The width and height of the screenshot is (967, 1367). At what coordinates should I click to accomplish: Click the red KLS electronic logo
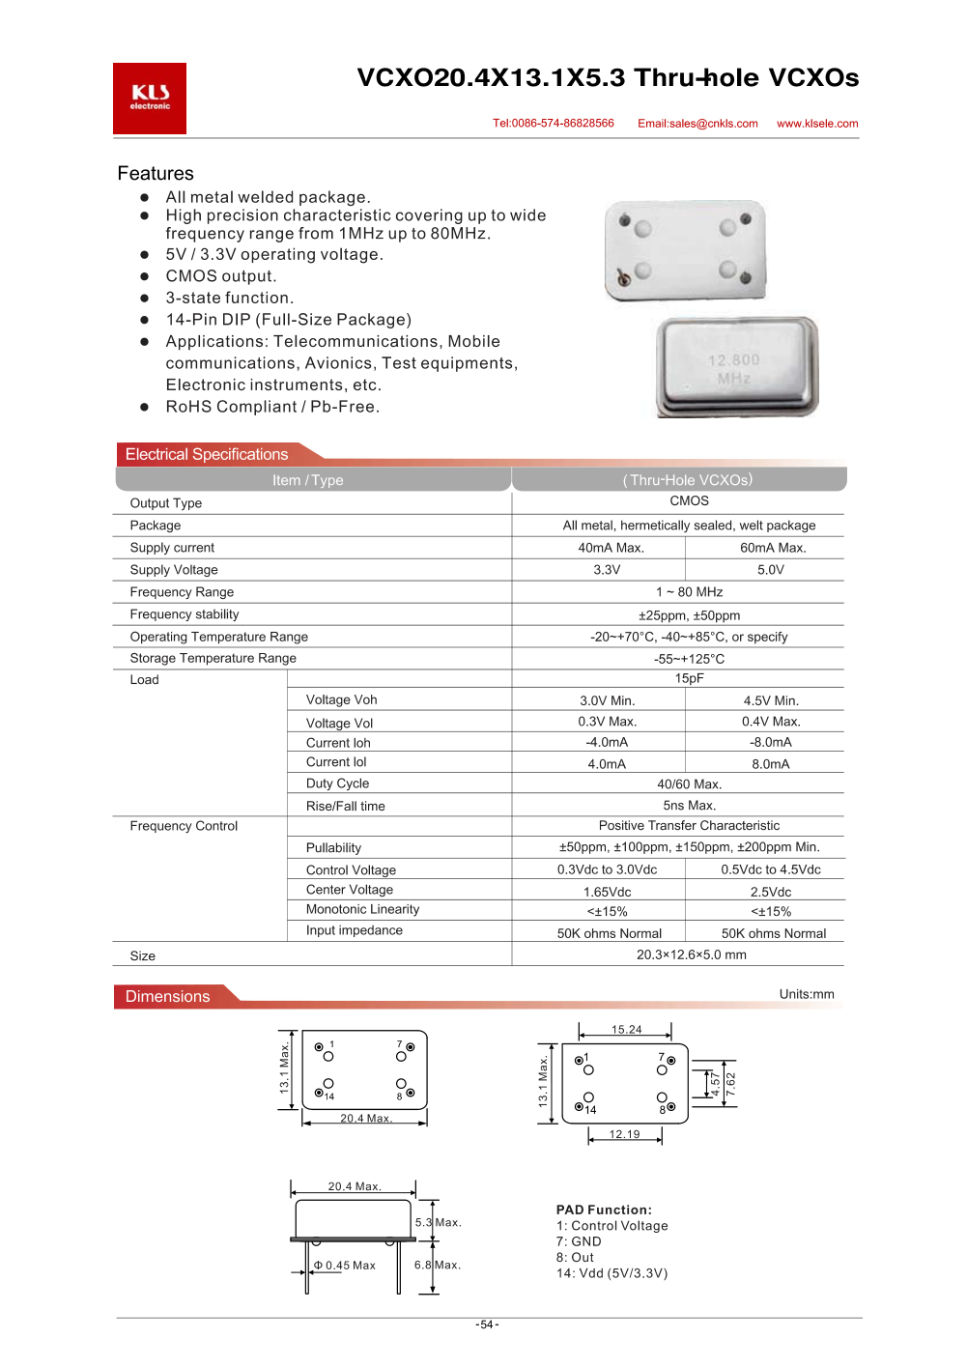150,98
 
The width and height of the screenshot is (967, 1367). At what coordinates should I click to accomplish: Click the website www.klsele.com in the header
817,124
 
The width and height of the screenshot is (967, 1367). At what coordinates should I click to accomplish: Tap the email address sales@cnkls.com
697,124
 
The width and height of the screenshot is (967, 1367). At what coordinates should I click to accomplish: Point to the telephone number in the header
554,124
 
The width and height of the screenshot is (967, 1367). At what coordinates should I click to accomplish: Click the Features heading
156,174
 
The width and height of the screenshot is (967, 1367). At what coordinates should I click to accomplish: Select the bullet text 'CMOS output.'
221,276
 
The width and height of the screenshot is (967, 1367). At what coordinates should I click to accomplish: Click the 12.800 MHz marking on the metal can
734,368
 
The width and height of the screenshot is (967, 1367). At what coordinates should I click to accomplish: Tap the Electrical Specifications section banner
207,454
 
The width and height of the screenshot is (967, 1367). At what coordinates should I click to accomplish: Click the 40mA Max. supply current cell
611,548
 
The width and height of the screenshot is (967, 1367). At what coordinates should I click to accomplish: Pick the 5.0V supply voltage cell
771,570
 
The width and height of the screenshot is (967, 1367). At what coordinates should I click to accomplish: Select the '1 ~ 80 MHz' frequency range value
689,592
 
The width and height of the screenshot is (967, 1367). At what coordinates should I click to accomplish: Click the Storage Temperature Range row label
213,658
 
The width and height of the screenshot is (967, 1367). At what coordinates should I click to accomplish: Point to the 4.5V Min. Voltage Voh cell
771,700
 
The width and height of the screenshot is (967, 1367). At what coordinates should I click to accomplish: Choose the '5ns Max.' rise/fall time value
689,806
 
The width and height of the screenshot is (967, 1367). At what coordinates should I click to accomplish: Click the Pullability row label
333,847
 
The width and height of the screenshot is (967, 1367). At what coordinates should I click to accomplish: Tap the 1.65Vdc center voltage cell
607,892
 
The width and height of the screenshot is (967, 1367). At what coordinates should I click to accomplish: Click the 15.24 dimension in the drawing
626,1030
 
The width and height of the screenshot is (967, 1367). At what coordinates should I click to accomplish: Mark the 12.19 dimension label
624,1134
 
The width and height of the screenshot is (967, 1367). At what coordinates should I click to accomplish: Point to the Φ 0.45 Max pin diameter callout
345,1266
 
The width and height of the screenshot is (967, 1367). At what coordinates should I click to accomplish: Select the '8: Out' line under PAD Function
576,1258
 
